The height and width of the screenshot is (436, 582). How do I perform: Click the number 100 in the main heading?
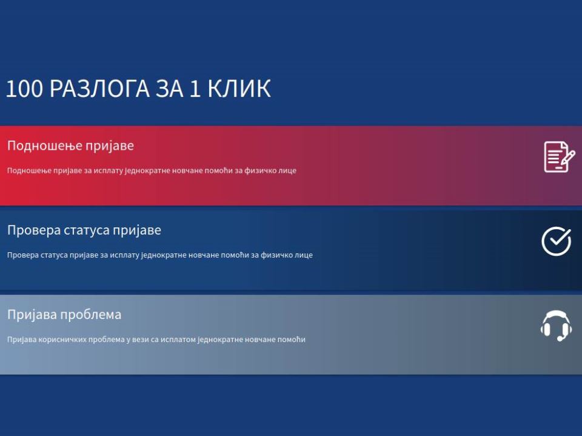pyautogui.click(x=25, y=89)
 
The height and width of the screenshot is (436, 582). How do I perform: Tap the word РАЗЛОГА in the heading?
pyautogui.click(x=99, y=89)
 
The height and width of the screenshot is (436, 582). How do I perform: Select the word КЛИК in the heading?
pyautogui.click(x=239, y=89)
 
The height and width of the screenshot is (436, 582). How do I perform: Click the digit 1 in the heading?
pyautogui.click(x=195, y=89)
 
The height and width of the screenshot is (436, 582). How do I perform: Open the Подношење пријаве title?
pyautogui.click(x=70, y=146)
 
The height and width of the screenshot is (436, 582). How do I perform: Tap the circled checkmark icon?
pyautogui.click(x=557, y=241)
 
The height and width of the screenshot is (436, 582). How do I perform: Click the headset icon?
pyautogui.click(x=556, y=326)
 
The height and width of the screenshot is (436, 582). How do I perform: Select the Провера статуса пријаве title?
pyautogui.click(x=84, y=230)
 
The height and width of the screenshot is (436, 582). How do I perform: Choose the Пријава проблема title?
pyautogui.click(x=64, y=315)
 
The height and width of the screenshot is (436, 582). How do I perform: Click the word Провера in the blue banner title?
pyautogui.click(x=34, y=230)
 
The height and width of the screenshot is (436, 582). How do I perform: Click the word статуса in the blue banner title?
pyautogui.click(x=87, y=230)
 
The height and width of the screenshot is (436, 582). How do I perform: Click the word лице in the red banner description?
pyautogui.click(x=288, y=170)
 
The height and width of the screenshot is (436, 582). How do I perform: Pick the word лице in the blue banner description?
pyautogui.click(x=304, y=255)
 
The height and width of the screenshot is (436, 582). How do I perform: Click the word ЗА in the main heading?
pyautogui.click(x=170, y=89)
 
